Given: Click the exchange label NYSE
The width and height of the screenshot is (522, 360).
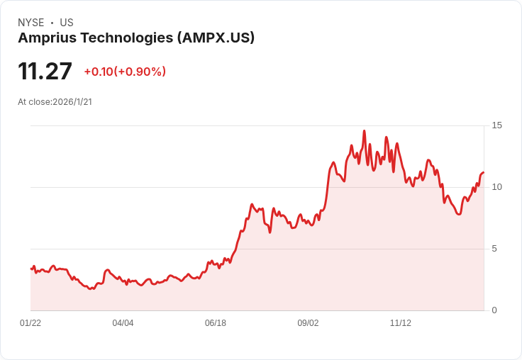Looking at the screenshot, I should (30, 23).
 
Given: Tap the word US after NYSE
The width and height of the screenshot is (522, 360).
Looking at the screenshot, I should (67, 23).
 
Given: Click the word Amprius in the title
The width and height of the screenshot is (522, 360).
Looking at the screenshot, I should (45, 38).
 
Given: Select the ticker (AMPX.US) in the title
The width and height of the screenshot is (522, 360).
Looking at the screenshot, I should (216, 38).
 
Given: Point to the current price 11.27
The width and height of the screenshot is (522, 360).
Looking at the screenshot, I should (45, 72).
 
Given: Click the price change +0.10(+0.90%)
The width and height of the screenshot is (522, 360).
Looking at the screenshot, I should (125, 72).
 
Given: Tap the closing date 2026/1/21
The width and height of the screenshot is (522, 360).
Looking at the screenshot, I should (72, 102).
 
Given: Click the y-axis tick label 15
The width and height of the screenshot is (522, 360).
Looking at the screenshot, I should (497, 125).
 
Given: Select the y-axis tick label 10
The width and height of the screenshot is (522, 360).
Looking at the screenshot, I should (497, 187).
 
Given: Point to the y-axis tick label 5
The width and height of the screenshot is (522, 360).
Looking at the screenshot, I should (494, 249).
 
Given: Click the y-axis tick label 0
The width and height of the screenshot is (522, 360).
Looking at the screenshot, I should (494, 310).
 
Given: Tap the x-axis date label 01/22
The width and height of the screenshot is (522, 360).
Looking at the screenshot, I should (30, 323).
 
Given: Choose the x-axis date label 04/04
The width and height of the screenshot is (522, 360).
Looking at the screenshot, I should (123, 323).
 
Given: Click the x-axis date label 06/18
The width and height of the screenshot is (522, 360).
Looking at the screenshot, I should (216, 323).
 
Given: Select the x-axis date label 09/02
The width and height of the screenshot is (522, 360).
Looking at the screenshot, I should (308, 323).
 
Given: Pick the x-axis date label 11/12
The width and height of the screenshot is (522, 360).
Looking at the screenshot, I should (401, 323).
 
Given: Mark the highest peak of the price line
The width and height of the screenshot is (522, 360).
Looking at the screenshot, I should (365, 131).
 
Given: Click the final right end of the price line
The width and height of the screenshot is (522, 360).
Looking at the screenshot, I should (483, 172).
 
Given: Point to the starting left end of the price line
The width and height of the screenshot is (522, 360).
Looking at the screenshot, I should (31, 269).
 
